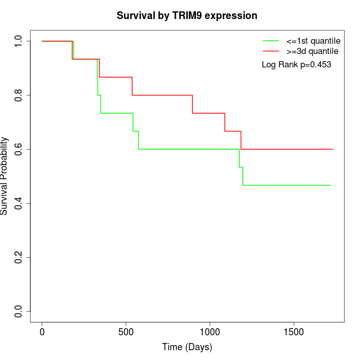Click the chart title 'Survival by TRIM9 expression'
click(x=187, y=15)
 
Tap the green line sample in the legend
click(x=271, y=41)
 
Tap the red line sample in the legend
click(x=271, y=51)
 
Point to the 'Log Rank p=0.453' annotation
click(x=296, y=65)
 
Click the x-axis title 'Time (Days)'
click(x=187, y=347)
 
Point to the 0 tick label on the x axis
click(x=42, y=332)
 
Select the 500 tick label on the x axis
click(x=126, y=332)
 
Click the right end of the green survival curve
click(x=330, y=185)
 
